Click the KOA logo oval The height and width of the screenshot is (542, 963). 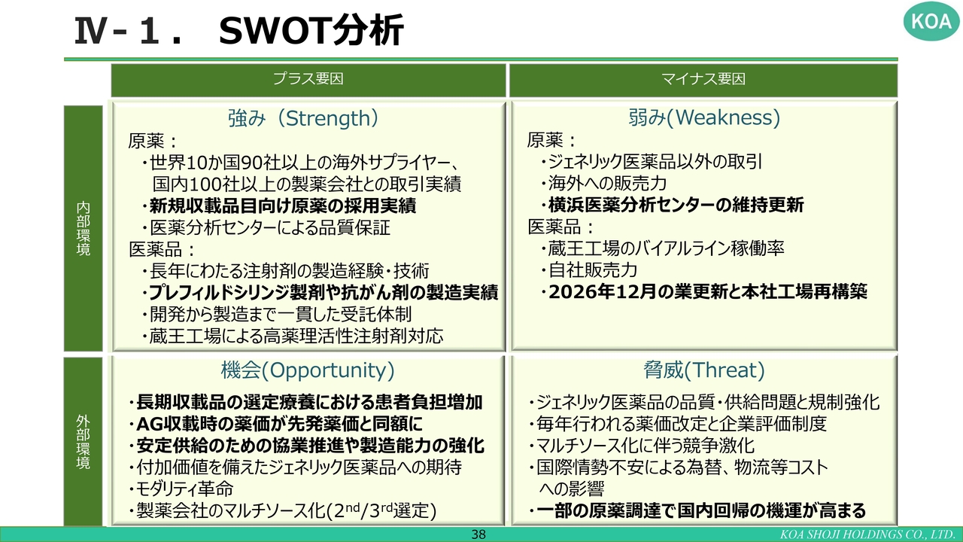(931, 21)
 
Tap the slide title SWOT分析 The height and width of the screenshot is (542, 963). (311, 30)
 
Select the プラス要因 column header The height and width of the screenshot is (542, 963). (308, 79)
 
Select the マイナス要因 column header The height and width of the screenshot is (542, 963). (703, 79)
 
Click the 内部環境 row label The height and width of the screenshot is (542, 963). (83, 228)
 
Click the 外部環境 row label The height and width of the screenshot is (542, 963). (83, 442)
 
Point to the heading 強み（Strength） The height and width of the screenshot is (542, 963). (303, 118)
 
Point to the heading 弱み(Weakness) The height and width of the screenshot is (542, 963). (703, 117)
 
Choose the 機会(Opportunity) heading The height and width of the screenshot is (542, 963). (308, 370)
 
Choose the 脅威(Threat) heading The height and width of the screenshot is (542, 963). (703, 370)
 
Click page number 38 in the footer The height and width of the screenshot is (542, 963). (478, 534)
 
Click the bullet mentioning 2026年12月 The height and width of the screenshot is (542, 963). (703, 291)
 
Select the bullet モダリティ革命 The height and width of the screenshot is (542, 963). (181, 489)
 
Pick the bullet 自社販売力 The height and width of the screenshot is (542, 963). (588, 270)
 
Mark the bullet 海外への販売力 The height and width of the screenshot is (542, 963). (603, 183)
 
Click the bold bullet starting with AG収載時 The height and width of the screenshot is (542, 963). (275, 424)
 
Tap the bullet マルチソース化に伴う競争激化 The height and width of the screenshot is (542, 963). (642, 446)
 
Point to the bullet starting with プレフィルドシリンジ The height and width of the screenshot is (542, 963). (320, 293)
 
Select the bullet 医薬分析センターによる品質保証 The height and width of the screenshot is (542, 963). (266, 228)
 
